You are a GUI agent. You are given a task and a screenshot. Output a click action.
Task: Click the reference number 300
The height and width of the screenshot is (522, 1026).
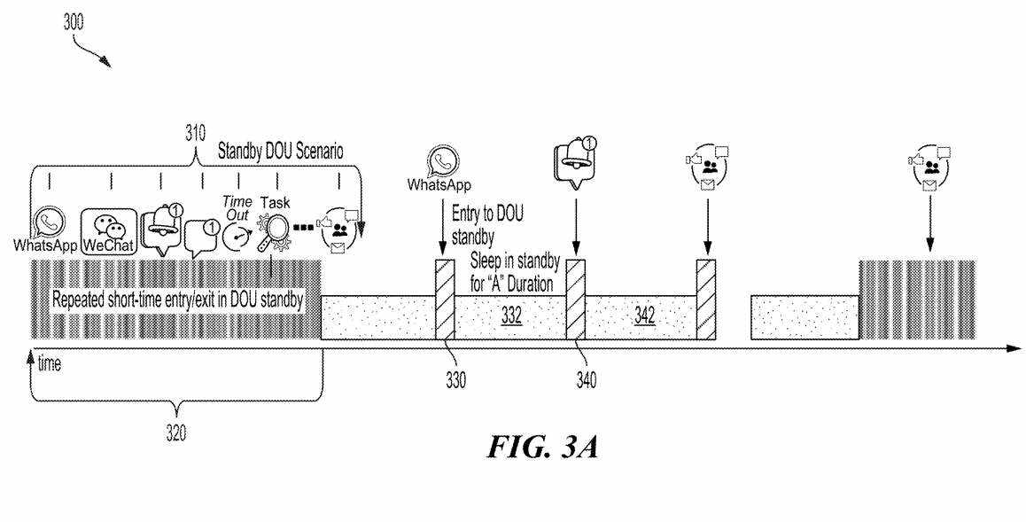tap(74, 24)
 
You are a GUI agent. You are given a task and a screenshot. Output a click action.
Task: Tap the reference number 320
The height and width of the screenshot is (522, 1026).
tap(177, 432)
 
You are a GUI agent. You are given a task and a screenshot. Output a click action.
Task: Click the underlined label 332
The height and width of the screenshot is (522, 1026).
tap(510, 316)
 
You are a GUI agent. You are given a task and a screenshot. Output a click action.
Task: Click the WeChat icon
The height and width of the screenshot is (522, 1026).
tap(110, 232)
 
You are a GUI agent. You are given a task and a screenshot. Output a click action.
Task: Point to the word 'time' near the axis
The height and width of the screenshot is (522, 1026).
tap(50, 364)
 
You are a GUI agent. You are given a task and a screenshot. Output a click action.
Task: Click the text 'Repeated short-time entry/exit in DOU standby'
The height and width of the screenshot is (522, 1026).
tap(178, 300)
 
